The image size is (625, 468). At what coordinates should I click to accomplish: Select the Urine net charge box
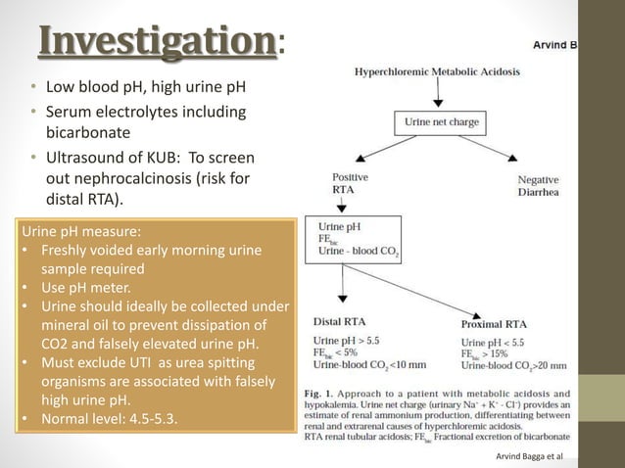coord(438,123)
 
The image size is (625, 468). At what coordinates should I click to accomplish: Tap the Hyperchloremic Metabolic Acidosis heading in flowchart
coord(437,71)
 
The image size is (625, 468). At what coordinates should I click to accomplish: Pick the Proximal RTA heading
coord(494,323)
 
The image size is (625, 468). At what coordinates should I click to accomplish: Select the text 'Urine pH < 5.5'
coord(498,342)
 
